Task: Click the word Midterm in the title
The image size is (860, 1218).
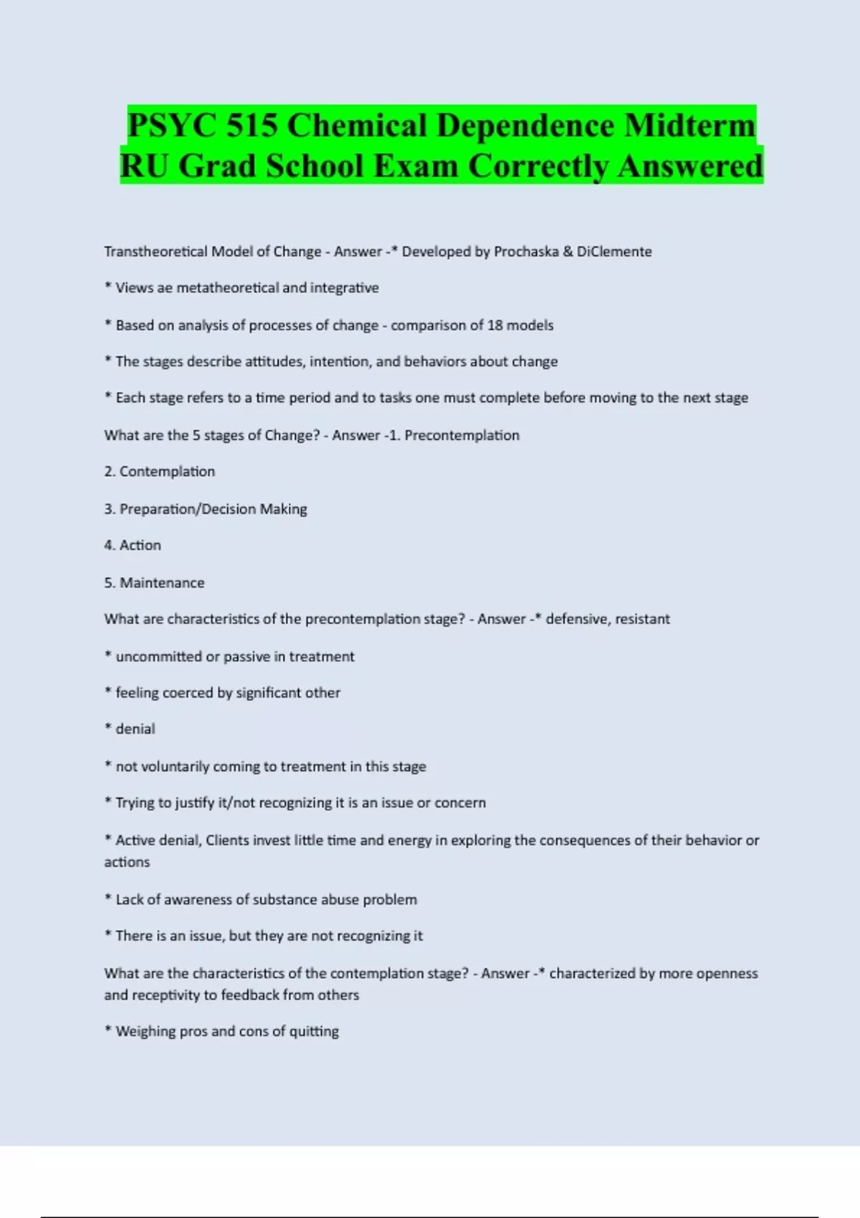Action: [689, 125]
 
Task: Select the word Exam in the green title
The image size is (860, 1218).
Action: [416, 166]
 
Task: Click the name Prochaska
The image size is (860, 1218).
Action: [526, 251]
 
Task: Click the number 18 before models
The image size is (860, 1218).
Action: [494, 325]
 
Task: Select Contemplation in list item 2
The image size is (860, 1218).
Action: [167, 471]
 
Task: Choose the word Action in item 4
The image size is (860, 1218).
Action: [140, 545]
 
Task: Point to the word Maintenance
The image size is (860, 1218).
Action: [162, 582]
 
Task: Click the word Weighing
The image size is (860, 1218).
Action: [146, 1032]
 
